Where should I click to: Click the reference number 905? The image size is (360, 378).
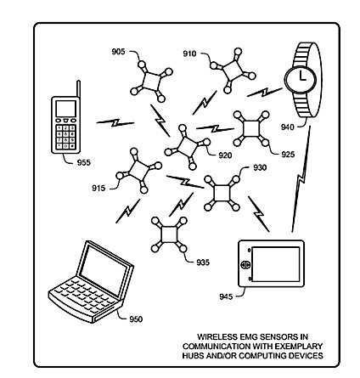(x=118, y=52)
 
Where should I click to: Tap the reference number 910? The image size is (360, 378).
(x=189, y=54)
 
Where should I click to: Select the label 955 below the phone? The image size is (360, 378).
(x=84, y=162)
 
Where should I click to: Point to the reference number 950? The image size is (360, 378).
(x=136, y=319)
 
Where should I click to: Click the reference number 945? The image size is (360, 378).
(x=226, y=296)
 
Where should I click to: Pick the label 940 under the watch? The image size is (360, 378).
(x=288, y=127)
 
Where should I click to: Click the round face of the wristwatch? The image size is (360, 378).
(x=301, y=79)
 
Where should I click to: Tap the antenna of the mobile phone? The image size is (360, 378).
(x=78, y=89)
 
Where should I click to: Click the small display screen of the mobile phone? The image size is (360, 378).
(x=66, y=109)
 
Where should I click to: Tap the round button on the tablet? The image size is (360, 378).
(x=245, y=264)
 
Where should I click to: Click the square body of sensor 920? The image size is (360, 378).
(x=187, y=147)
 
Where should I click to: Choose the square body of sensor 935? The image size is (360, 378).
(x=169, y=234)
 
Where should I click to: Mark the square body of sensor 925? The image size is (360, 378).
(x=251, y=128)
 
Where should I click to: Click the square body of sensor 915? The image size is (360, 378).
(x=138, y=171)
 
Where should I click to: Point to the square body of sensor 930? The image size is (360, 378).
(x=222, y=193)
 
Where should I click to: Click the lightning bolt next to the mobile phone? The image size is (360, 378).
(x=115, y=122)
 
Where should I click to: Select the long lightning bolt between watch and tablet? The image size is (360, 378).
(x=301, y=179)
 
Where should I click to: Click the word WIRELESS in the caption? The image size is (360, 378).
(x=217, y=337)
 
